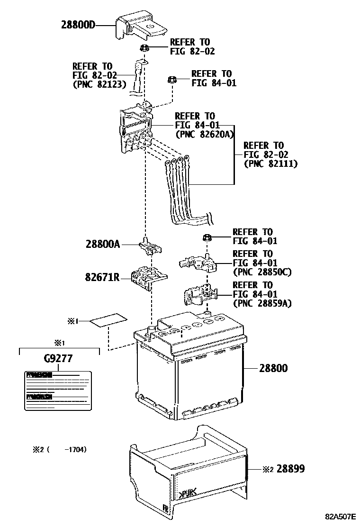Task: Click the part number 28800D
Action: pyautogui.click(x=78, y=24)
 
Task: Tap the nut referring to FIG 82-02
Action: pyautogui.click(x=145, y=47)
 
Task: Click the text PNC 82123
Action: pyautogui.click(x=99, y=84)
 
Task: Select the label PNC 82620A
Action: pyautogui.click(x=205, y=135)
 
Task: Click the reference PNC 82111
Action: pyautogui.click(x=270, y=164)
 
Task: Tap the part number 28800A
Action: pyautogui.click(x=103, y=245)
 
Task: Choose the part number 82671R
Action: pyautogui.click(x=103, y=277)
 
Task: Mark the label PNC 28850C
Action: pyautogui.click(x=262, y=272)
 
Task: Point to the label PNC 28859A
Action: pyautogui.click(x=262, y=303)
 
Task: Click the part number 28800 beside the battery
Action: pyautogui.click(x=273, y=368)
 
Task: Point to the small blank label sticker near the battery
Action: pyautogui.click(x=108, y=321)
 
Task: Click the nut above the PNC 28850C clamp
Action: pyautogui.click(x=207, y=237)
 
